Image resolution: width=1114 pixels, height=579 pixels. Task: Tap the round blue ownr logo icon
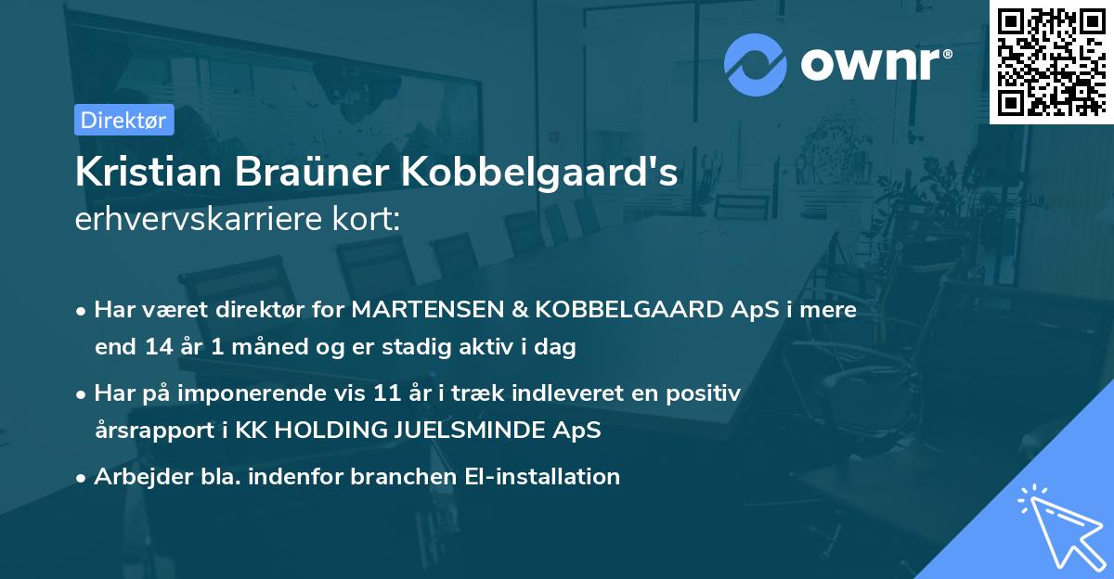(756, 65)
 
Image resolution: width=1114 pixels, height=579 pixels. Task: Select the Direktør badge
(123, 120)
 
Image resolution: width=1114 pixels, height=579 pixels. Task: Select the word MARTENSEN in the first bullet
(419, 310)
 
